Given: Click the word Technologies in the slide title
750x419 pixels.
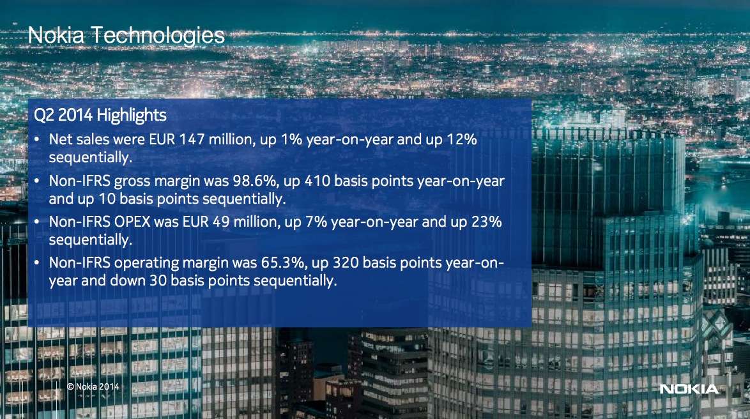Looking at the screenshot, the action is (158, 36).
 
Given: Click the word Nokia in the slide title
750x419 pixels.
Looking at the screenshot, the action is (56, 35).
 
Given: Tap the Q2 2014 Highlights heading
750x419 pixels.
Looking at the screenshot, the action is (100, 115).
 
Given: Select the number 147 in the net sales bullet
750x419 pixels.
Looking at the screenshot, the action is (191, 139).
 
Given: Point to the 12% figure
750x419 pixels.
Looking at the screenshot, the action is (462, 139).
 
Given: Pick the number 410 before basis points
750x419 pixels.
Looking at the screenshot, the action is (317, 181).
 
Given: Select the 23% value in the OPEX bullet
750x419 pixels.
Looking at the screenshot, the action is (486, 222).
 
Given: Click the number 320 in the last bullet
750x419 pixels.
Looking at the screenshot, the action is (346, 263).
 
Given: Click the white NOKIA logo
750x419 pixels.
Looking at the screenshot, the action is (689, 390).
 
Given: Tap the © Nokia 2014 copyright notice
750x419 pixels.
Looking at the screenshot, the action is (93, 386).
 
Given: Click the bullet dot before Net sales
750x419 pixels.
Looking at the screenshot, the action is (37, 140).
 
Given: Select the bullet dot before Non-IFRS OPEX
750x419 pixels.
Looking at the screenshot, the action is (37, 222).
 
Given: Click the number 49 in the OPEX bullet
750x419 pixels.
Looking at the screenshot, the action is (221, 222).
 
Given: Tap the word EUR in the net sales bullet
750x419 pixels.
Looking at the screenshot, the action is (162, 139).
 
